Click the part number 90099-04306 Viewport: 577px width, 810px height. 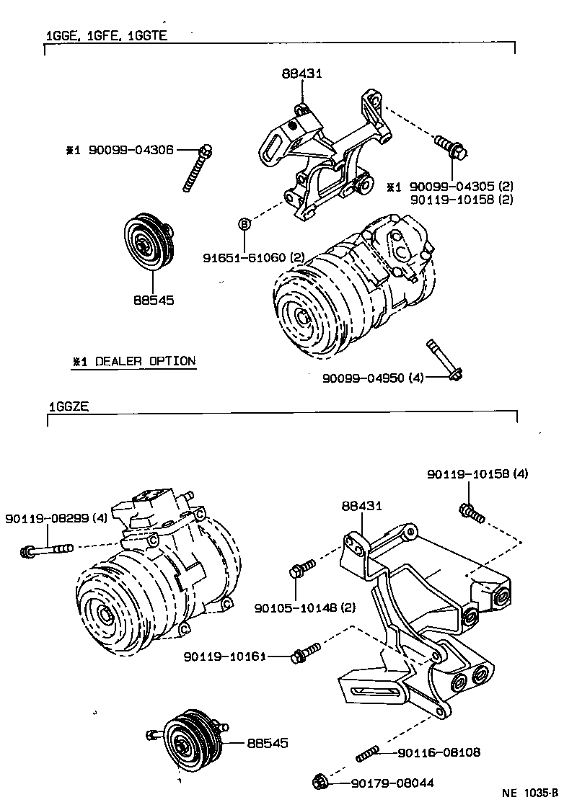click(x=131, y=150)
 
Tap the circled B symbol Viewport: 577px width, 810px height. click(x=244, y=224)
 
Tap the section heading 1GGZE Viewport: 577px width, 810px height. click(x=69, y=406)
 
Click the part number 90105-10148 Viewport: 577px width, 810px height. click(x=295, y=608)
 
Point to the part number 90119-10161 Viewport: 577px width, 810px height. click(x=225, y=657)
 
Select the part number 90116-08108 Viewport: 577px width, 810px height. click(x=439, y=753)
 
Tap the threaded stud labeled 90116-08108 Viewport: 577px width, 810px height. click(x=369, y=755)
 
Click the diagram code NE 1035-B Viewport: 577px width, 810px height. click(x=530, y=793)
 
